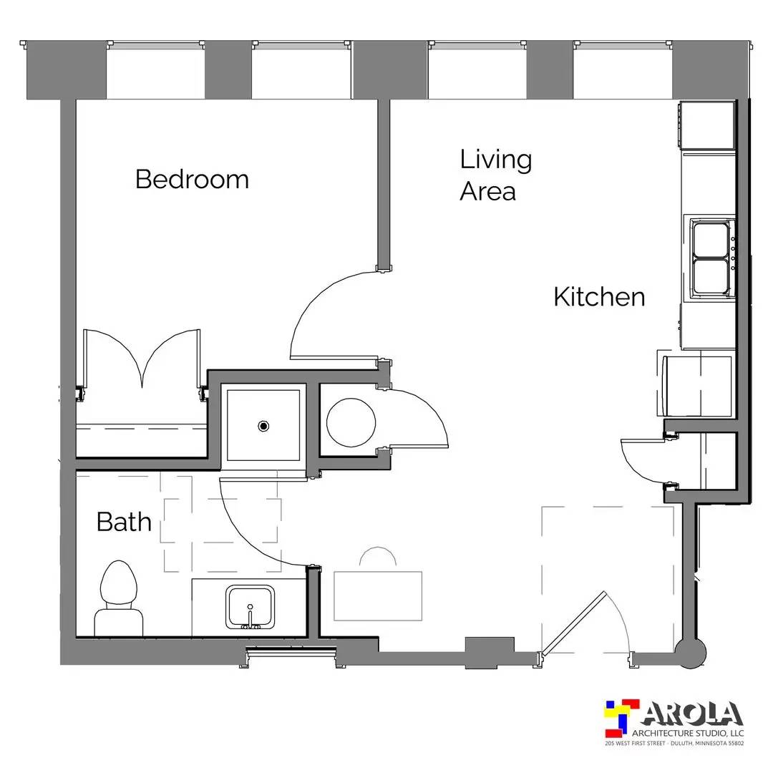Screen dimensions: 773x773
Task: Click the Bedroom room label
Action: (192, 179)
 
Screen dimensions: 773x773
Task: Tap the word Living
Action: (495, 160)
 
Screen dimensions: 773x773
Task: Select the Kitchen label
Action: (599, 297)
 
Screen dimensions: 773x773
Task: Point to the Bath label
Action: (124, 522)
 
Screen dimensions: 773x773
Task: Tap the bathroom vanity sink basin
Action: (250, 607)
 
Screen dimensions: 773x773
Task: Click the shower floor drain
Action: (263, 425)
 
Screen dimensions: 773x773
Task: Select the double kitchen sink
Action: (711, 259)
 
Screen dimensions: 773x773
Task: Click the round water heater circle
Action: (351, 422)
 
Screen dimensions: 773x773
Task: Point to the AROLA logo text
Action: (692, 714)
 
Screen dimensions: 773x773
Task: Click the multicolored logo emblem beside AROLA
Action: (622, 719)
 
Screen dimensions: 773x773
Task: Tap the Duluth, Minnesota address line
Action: (674, 743)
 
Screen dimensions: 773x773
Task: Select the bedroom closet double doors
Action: (142, 360)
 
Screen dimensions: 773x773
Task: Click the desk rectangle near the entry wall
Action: (378, 596)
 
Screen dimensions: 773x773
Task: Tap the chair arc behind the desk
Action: (378, 548)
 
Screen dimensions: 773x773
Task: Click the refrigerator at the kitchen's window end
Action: (707, 125)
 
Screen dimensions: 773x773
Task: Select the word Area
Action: (487, 192)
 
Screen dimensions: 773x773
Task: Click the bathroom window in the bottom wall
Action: (291, 654)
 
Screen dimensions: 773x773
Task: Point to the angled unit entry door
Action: (573, 623)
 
